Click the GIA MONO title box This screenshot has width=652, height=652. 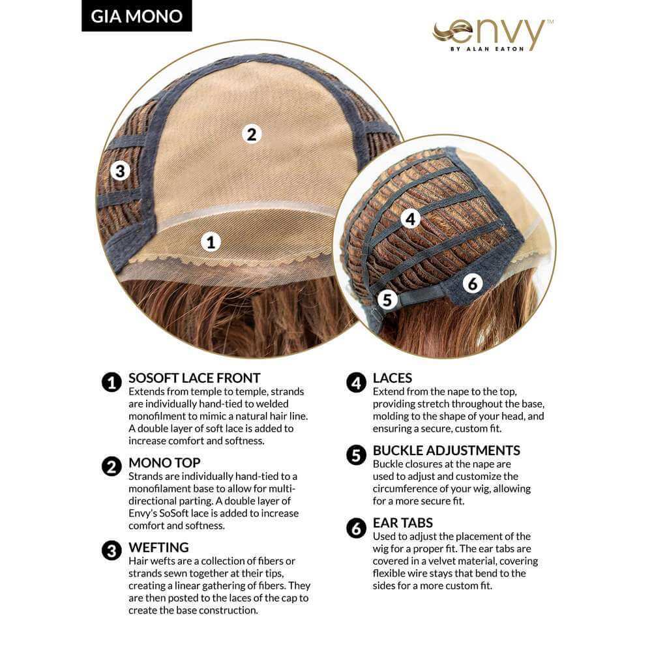pyautogui.click(x=136, y=16)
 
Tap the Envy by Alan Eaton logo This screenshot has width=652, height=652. pyautogui.click(x=492, y=35)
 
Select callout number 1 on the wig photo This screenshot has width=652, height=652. pyautogui.click(x=211, y=242)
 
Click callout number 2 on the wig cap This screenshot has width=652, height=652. pyautogui.click(x=251, y=134)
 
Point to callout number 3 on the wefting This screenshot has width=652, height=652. pyautogui.click(x=120, y=171)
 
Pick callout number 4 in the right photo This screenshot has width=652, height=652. pyautogui.click(x=410, y=218)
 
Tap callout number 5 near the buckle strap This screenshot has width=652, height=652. pyautogui.click(x=387, y=299)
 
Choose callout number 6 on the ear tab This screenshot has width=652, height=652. pyautogui.click(x=473, y=284)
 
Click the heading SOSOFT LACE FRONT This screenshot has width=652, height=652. pyautogui.click(x=194, y=378)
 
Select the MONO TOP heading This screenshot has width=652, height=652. pyautogui.click(x=164, y=462)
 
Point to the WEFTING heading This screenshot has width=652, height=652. pyautogui.click(x=158, y=547)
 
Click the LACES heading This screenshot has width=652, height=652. pyautogui.click(x=392, y=378)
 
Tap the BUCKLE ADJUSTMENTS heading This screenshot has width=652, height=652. pyautogui.click(x=446, y=451)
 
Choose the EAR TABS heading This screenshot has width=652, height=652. pyautogui.click(x=402, y=523)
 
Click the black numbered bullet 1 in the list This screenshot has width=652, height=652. pyautogui.click(x=111, y=382)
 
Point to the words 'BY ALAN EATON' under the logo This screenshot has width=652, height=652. pyautogui.click(x=487, y=49)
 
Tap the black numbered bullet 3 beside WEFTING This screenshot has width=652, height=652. pyautogui.click(x=111, y=550)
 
